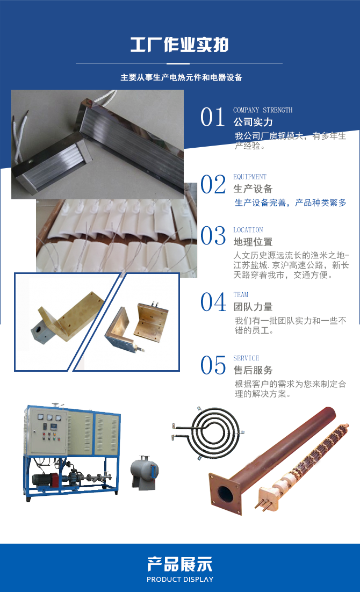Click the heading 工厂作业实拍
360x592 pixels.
(179, 45)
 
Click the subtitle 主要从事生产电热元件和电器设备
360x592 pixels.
(181, 77)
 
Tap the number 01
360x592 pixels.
(213, 118)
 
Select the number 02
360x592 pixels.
(213, 184)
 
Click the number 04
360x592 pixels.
(213, 302)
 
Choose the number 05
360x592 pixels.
(213, 366)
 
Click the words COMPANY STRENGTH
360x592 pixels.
(263, 110)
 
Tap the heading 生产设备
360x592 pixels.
(253, 189)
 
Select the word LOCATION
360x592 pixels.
(248, 230)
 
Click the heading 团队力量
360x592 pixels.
(253, 307)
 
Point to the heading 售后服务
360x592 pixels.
(253, 370)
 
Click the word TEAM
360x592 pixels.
(241, 295)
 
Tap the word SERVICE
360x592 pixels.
(246, 358)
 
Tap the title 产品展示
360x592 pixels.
(179, 564)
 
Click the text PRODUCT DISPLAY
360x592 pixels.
(179, 579)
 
